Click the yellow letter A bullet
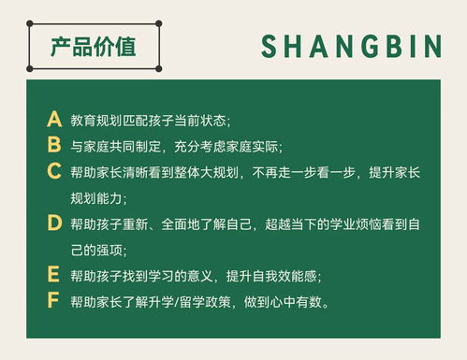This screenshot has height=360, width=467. pyautogui.click(x=53, y=121)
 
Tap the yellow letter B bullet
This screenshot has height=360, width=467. pyautogui.click(x=53, y=146)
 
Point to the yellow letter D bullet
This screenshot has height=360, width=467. pyautogui.click(x=53, y=223)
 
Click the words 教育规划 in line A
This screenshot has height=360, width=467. pyautogui.click(x=96, y=122)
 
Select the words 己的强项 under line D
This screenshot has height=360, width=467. pyautogui.click(x=96, y=250)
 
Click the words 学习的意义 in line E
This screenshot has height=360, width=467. pyautogui.click(x=178, y=276)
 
